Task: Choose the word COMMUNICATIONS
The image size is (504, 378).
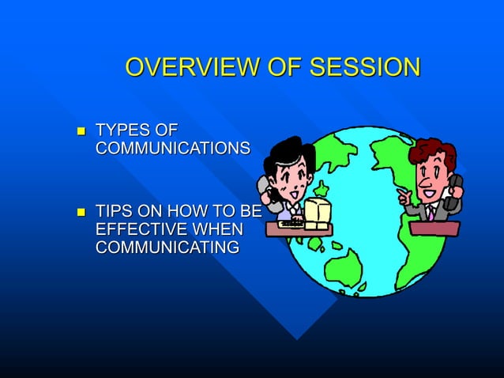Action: click(x=173, y=149)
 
